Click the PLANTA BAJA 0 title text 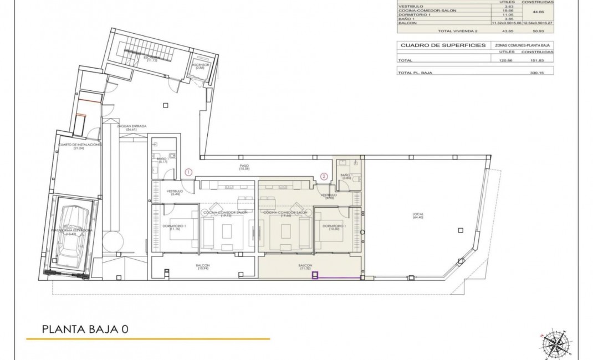click(x=85, y=329)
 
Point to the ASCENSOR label click(x=200, y=66)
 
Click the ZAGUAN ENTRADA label click(x=131, y=128)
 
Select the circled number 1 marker click(x=188, y=172)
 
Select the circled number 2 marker click(x=324, y=177)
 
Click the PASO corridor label click(x=244, y=167)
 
